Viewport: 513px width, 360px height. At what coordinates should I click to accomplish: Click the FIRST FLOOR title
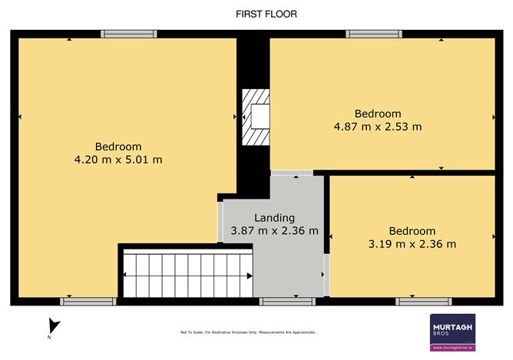(x=256, y=14)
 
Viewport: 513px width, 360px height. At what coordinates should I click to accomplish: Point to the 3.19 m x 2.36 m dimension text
(x=412, y=244)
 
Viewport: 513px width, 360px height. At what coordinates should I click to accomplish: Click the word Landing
(x=274, y=218)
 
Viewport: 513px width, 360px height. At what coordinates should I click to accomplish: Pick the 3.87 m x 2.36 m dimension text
(x=274, y=231)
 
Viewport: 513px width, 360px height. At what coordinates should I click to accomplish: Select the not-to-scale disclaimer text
(x=247, y=332)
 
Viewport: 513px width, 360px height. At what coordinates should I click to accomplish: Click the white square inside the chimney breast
(x=259, y=117)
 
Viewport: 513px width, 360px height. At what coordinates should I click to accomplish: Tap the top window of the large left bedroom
(x=130, y=34)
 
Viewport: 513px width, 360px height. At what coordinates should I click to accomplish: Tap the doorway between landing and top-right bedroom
(x=292, y=172)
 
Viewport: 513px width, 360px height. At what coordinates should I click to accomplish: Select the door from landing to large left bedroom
(x=220, y=222)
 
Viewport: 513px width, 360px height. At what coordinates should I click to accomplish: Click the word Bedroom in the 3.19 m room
(x=412, y=231)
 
